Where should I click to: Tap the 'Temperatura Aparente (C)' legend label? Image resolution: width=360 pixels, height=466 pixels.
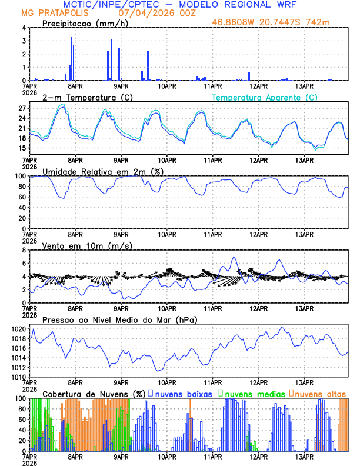[x=264, y=97]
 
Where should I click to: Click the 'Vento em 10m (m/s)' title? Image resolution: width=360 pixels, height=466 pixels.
[x=79, y=245]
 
